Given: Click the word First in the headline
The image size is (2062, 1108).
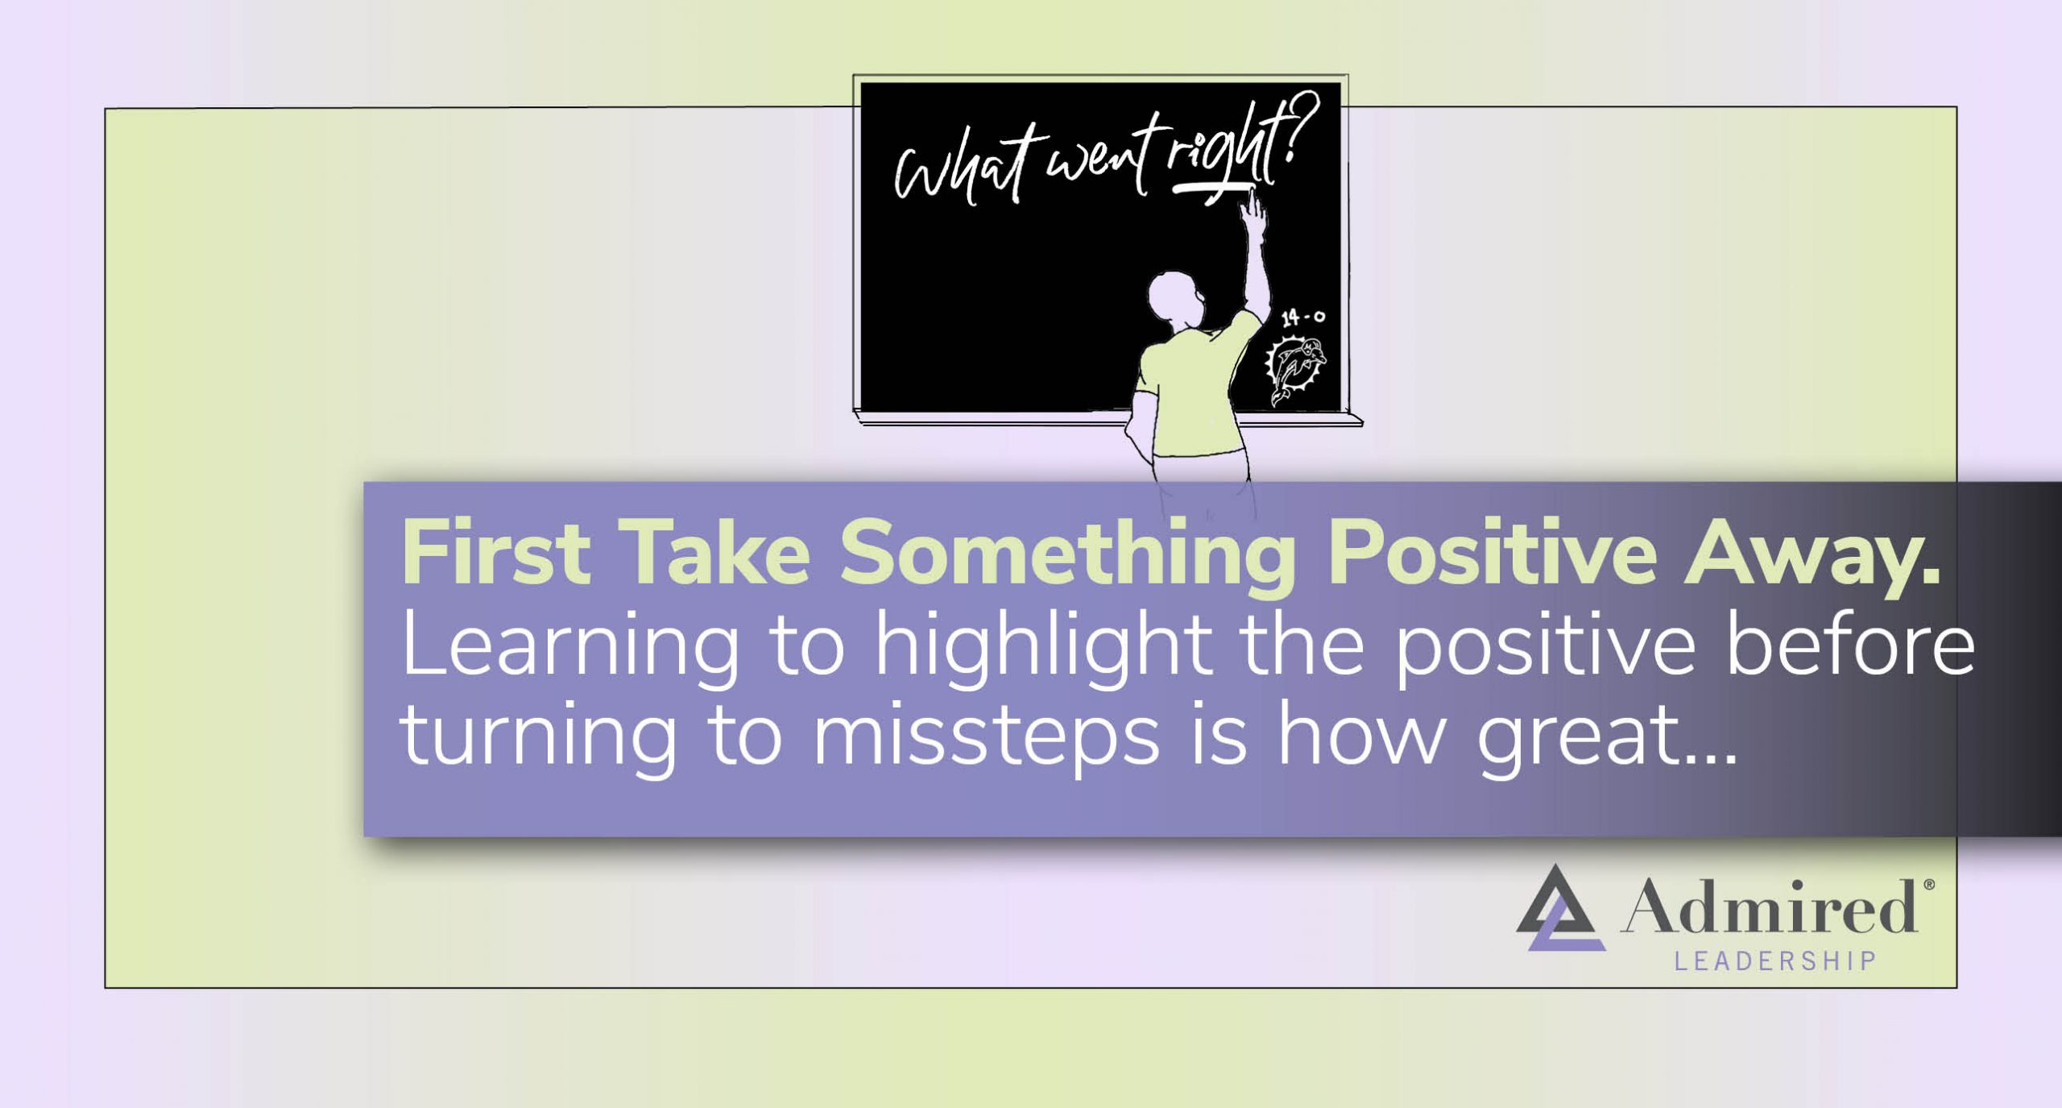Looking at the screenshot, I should (495, 553).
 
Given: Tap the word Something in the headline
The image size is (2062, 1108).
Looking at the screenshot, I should (1067, 554).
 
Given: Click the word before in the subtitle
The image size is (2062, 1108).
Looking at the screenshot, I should (1849, 645).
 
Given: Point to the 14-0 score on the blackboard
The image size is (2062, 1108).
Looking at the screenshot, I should (1302, 317).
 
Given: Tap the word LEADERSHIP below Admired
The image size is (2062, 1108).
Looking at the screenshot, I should (1775, 961).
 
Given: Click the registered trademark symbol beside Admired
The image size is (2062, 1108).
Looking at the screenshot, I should (1929, 885).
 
